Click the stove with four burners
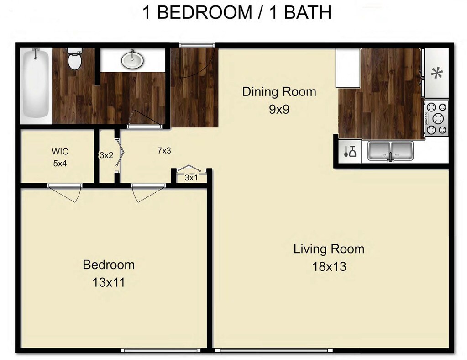[436, 118]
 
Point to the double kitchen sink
[390, 150]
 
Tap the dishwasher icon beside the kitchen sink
[350, 151]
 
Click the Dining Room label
[279, 91]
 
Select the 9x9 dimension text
[279, 110]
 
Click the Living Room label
[329, 249]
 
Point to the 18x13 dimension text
[329, 266]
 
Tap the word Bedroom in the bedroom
[109, 265]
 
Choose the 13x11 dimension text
[109, 282]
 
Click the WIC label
[60, 151]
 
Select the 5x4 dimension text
[60, 163]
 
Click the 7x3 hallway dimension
[164, 150]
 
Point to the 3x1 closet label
[191, 177]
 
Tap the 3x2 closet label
[106, 155]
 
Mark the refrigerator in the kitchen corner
[348, 68]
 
